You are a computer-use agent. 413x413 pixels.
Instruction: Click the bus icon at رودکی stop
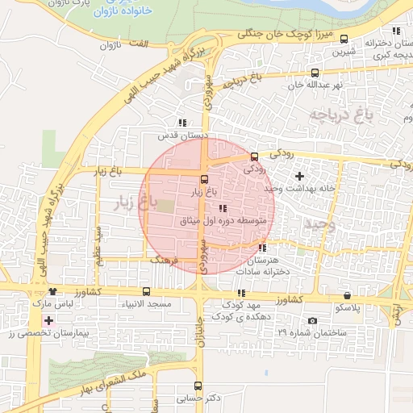coord(255,156)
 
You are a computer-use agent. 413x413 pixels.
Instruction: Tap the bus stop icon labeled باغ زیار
coord(203,180)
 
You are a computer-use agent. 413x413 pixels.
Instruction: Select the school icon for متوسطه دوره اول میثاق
coord(223,208)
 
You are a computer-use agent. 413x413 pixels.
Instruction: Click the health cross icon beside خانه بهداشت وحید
coord(300,176)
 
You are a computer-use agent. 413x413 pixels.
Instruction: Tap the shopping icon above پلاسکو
coord(347,296)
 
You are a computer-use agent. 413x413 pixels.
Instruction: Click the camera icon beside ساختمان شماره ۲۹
coord(312,321)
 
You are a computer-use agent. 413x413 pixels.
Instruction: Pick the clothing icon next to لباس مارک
coord(53,292)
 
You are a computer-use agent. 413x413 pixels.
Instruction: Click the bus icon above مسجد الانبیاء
coord(146,291)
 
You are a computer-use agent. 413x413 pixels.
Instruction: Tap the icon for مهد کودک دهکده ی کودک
coord(240,293)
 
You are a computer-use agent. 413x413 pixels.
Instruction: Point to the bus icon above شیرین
coord(344,39)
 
